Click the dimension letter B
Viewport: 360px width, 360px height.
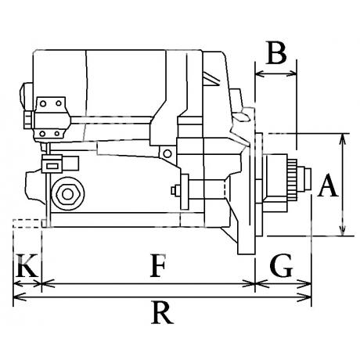tap(276, 52)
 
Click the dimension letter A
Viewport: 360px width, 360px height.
tap(328, 185)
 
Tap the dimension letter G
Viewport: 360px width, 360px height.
tap(281, 265)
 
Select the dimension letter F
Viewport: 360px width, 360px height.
tap(158, 265)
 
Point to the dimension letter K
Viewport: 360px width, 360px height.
tap(27, 265)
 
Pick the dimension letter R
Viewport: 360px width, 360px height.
tap(162, 312)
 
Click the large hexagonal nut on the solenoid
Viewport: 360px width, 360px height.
tap(67, 194)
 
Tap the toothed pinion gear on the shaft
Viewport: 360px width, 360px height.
tap(292, 179)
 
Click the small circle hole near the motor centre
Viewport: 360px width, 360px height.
tap(167, 153)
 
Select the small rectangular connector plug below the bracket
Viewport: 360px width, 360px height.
tap(52, 164)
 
